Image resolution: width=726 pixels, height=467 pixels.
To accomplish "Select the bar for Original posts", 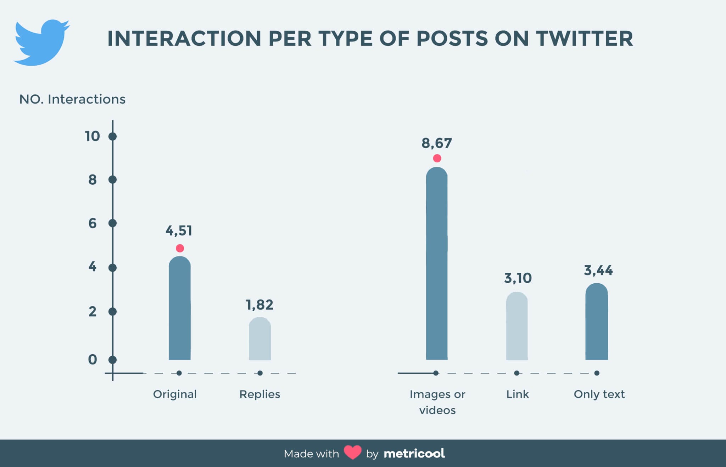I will pyautogui.click(x=180, y=308).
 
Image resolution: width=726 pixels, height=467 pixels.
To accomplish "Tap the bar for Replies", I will pyautogui.click(x=260, y=339).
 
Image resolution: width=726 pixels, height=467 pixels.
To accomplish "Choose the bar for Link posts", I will pyautogui.click(x=517, y=326).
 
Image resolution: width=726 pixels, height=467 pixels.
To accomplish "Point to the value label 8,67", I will pyautogui.click(x=437, y=143).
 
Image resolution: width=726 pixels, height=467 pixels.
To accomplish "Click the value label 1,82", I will pyautogui.click(x=260, y=305).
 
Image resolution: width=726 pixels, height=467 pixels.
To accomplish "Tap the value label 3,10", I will pyautogui.click(x=518, y=278).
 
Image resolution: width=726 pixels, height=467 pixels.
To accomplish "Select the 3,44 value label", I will pyautogui.click(x=598, y=271).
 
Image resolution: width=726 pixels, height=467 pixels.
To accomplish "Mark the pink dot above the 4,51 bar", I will pyautogui.click(x=180, y=248).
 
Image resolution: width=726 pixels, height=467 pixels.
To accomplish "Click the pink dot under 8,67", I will pyautogui.click(x=437, y=158).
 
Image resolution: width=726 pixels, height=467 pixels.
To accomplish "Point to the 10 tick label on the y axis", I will pyautogui.click(x=93, y=137).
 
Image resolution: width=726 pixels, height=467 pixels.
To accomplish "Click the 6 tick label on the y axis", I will pyautogui.click(x=93, y=223).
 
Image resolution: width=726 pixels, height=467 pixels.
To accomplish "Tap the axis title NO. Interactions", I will pyautogui.click(x=72, y=99).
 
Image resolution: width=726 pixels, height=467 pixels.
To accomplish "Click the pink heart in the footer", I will pyautogui.click(x=352, y=453).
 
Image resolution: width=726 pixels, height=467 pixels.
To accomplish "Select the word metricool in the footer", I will pyautogui.click(x=414, y=454).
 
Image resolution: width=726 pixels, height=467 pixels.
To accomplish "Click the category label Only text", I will pyautogui.click(x=599, y=394).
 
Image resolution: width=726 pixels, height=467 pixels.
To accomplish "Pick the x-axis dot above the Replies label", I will pyautogui.click(x=260, y=373).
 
